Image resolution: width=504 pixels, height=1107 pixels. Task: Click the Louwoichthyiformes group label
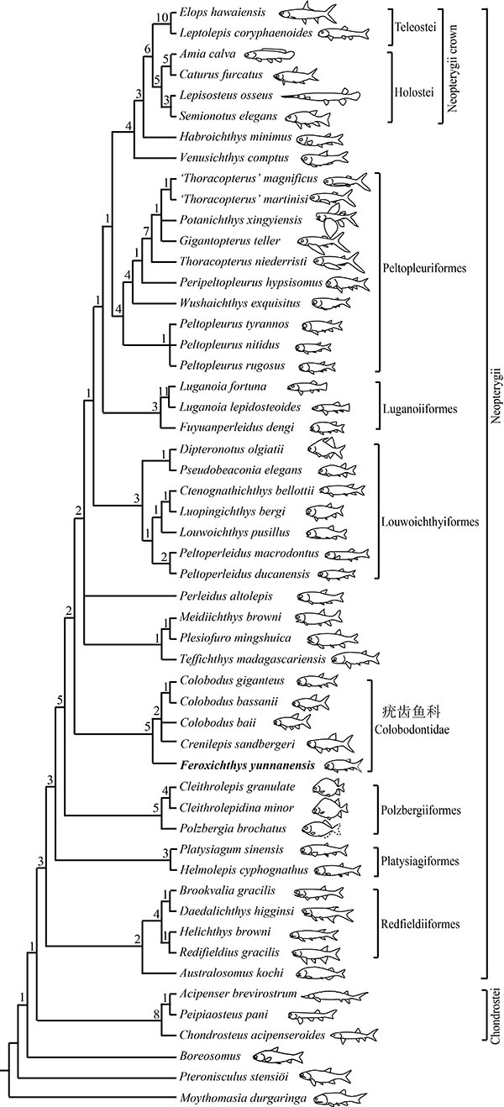click(433, 522)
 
